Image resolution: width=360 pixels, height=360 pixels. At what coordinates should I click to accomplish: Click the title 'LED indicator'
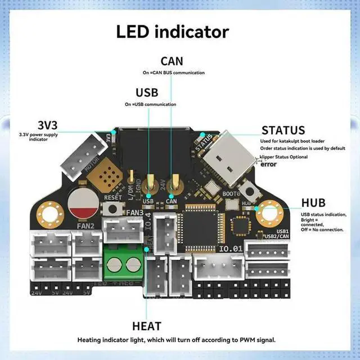coord(173,31)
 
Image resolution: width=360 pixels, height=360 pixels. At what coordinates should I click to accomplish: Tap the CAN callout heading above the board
coord(172,61)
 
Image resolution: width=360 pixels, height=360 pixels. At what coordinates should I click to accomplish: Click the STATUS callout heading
coord(283,131)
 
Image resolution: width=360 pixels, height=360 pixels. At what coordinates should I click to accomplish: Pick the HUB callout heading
coord(313,203)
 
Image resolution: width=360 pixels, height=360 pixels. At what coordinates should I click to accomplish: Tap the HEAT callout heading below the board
coord(147,326)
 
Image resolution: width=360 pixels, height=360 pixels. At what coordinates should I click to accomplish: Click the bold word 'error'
coord(269,165)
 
